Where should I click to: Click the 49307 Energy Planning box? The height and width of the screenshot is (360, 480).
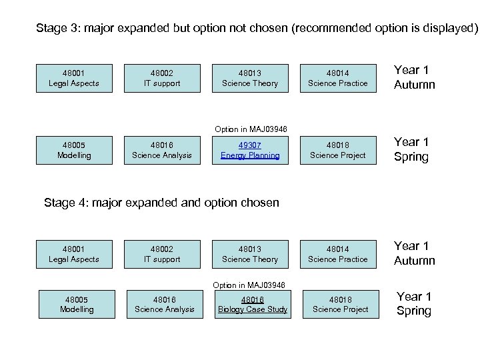pyautogui.click(x=250, y=150)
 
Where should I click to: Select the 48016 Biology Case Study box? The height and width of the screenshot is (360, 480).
pyautogui.click(x=253, y=304)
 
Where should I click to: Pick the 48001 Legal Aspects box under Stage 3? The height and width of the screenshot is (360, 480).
pyautogui.click(x=74, y=78)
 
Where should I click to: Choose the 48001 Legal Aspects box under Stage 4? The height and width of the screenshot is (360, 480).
pyautogui.click(x=74, y=254)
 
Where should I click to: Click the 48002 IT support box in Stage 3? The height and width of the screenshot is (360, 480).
pyautogui.click(x=162, y=78)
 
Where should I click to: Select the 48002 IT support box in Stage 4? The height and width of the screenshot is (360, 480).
pyautogui.click(x=162, y=254)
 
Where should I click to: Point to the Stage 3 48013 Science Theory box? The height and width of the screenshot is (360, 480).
pyautogui.click(x=250, y=78)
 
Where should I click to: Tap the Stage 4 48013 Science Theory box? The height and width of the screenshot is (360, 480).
pyautogui.click(x=250, y=254)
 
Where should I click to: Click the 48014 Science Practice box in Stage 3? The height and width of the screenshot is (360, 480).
pyautogui.click(x=338, y=78)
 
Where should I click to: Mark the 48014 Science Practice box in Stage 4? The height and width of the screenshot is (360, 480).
pyautogui.click(x=338, y=254)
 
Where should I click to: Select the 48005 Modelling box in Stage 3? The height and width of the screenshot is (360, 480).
pyautogui.click(x=74, y=150)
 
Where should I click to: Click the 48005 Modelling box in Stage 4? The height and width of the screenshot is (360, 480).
pyautogui.click(x=77, y=304)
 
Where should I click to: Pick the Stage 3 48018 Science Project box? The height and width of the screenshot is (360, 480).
pyautogui.click(x=338, y=150)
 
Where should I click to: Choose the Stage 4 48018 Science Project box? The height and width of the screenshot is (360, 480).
pyautogui.click(x=341, y=304)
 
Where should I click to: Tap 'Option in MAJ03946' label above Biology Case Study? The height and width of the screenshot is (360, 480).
pyautogui.click(x=249, y=285)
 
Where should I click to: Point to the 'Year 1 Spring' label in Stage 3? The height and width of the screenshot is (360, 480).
pyautogui.click(x=411, y=149)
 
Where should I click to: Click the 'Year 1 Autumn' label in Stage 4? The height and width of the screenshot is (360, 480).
pyautogui.click(x=414, y=253)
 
